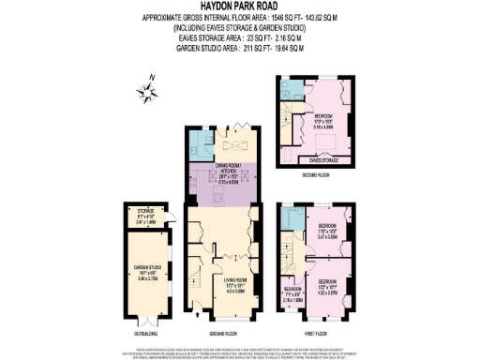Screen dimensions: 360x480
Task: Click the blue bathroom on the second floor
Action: click(290, 90)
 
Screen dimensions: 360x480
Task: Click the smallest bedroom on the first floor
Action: click(293, 292)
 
